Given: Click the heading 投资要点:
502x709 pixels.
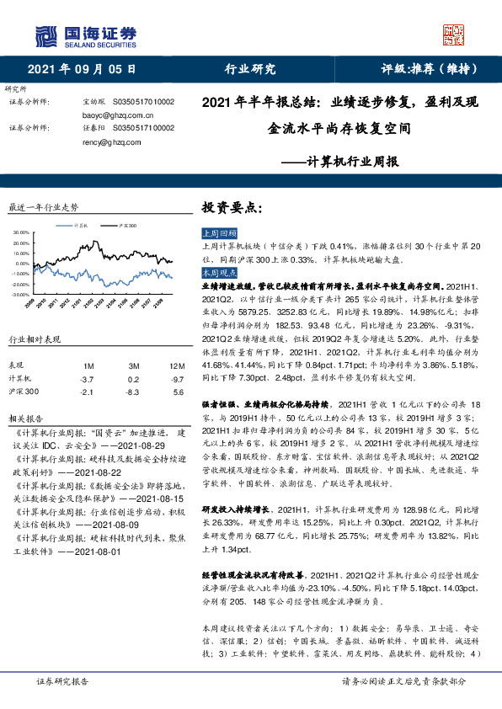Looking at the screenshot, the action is (232, 207).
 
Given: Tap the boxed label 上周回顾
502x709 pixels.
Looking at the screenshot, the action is (220, 232).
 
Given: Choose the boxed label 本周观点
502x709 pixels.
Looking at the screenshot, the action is (220, 274).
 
